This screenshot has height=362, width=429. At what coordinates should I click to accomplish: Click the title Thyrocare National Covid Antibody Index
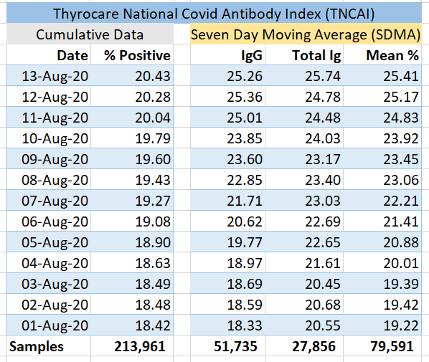click(x=214, y=14)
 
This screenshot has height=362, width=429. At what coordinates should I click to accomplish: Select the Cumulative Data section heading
click(x=90, y=34)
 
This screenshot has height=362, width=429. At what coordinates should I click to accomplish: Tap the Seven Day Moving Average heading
click(x=306, y=35)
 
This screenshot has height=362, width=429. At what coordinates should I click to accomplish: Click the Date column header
click(x=72, y=55)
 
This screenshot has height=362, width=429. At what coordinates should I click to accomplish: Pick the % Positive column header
click(x=137, y=55)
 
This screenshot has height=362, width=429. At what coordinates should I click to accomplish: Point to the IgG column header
click(x=252, y=56)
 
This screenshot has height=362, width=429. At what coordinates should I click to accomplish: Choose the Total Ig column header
click(x=316, y=56)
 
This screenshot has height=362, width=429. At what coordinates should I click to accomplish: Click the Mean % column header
click(x=392, y=55)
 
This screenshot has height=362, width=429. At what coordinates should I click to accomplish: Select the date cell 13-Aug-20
click(x=55, y=76)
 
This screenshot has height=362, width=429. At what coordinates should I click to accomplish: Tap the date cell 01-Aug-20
click(x=55, y=325)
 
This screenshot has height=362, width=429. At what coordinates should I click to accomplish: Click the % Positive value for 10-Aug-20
click(x=153, y=138)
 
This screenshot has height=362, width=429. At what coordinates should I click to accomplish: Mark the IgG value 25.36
click(x=245, y=97)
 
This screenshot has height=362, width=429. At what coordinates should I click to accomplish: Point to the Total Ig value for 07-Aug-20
click(x=323, y=201)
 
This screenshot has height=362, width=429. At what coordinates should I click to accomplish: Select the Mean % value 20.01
click(x=401, y=263)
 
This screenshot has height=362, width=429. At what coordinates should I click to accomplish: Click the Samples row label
click(x=37, y=347)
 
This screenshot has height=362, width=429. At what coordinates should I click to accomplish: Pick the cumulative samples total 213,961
click(x=140, y=346)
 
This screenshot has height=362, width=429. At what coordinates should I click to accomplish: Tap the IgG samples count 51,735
click(x=235, y=346)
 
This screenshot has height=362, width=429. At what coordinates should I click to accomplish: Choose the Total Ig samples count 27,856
click(x=313, y=346)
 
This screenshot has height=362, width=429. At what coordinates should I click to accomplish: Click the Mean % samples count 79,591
click(x=392, y=346)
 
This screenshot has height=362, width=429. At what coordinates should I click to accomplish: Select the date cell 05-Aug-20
click(x=55, y=242)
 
